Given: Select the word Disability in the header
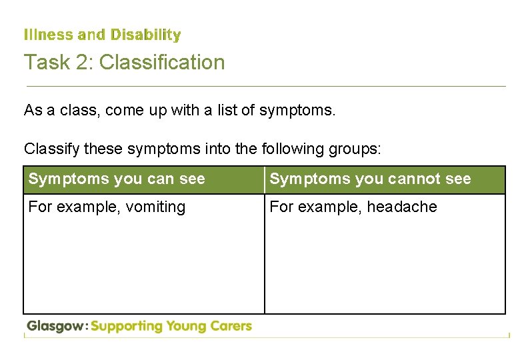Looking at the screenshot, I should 145,34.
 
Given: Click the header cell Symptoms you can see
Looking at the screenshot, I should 117,179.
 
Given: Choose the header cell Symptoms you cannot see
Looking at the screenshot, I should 370,179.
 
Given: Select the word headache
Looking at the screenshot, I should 405,207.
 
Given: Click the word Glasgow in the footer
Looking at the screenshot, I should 56,327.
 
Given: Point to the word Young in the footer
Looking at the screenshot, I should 188,327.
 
